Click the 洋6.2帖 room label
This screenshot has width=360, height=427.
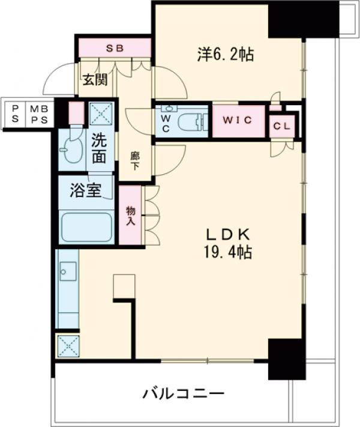226,55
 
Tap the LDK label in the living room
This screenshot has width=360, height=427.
224,234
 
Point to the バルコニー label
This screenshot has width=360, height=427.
184,394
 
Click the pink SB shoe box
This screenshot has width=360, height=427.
113,47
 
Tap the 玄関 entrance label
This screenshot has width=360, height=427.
95,78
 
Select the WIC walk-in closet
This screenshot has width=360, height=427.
238,120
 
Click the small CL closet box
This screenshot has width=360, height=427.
281,127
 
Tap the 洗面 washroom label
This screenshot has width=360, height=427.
100,150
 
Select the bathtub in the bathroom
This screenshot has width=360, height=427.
86,226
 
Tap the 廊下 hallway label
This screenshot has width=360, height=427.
136,161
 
